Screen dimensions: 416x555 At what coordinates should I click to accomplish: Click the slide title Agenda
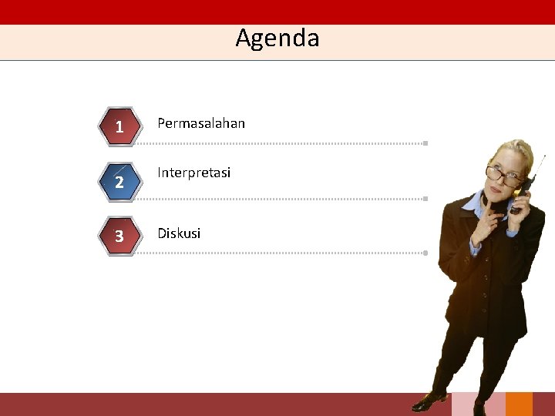277,38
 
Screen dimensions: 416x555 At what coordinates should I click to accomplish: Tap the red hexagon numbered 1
119,126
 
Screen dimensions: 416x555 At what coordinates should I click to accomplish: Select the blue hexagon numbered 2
119,182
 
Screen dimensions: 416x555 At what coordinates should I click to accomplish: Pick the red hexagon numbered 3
119,236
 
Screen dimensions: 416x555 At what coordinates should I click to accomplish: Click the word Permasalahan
201,123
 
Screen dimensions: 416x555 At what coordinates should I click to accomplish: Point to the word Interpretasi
193,173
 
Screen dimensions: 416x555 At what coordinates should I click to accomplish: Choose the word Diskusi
179,233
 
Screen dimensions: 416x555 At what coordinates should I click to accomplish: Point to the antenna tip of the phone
545,156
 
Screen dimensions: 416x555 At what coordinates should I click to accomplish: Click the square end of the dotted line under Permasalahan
425,143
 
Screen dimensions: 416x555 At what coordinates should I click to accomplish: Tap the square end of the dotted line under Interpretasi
425,199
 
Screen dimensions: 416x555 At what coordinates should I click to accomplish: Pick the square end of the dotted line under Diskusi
425,253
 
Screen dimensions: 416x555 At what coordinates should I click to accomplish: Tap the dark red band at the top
277,12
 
